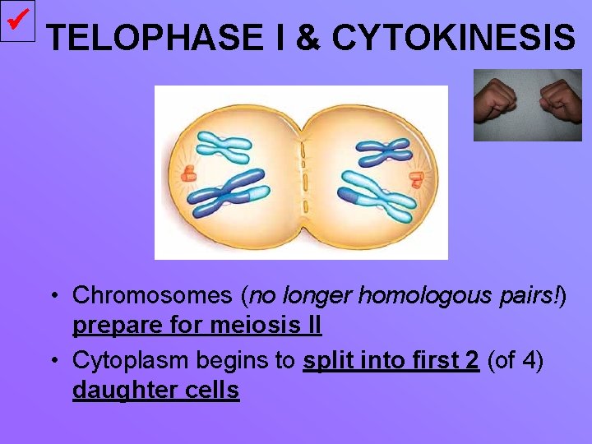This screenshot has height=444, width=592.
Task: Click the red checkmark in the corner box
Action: [x=17, y=19]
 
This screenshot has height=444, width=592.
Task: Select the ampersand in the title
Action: [x=308, y=38]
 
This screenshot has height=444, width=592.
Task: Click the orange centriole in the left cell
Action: [x=189, y=173]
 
